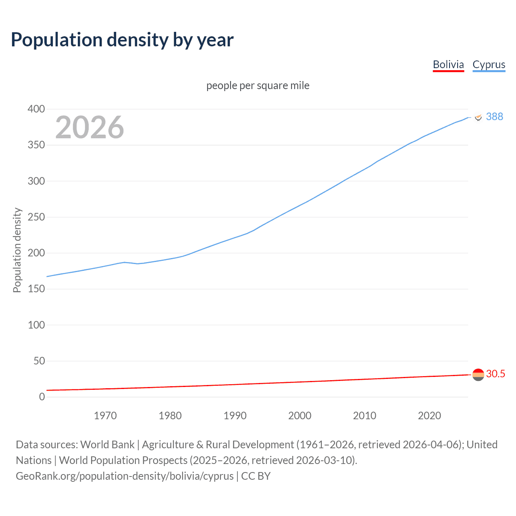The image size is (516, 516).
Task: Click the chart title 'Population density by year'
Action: click(122, 40)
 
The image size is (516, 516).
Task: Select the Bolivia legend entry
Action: click(448, 64)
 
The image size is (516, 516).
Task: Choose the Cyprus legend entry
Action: click(489, 64)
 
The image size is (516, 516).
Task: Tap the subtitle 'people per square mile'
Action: click(258, 85)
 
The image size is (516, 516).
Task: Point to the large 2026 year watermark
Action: click(89, 127)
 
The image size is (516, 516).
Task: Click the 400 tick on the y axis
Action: click(36, 109)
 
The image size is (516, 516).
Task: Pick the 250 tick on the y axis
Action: click(36, 217)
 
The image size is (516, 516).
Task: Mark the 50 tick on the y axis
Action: click(39, 361)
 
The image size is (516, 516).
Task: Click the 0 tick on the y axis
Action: click(42, 397)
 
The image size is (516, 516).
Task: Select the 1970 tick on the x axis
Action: click(105, 416)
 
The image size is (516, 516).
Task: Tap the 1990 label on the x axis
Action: click(235, 416)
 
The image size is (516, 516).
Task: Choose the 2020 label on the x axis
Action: click(429, 416)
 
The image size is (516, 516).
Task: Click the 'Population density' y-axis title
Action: click(17, 250)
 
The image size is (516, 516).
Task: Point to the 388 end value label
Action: click(494, 117)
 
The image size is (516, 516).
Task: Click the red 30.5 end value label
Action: click(495, 374)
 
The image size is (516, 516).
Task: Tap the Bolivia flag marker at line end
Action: click(478, 375)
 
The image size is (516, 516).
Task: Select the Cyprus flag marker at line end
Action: click(478, 117)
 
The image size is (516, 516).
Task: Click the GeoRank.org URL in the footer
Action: click(125, 476)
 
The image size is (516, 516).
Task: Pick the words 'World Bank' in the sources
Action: click(107, 445)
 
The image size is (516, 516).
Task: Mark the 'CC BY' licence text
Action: click(256, 476)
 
